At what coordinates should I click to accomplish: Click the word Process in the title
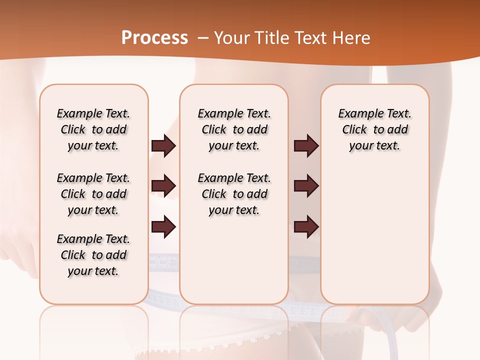pos(154,38)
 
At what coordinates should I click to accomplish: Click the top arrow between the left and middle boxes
pos(163,145)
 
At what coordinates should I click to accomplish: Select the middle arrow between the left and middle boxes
pos(163,186)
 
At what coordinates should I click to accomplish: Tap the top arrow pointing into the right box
pos(306,145)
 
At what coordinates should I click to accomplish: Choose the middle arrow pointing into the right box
pos(306,186)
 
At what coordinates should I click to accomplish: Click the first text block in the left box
pos(93,129)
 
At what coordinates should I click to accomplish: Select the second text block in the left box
pos(93,194)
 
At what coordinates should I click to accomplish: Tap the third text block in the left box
pos(93,255)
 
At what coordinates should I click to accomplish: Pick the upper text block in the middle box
pos(234,129)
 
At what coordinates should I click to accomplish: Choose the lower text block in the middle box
pos(234,194)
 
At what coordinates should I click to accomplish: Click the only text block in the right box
pos(374,129)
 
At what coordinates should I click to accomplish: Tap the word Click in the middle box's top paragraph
pos(214,130)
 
